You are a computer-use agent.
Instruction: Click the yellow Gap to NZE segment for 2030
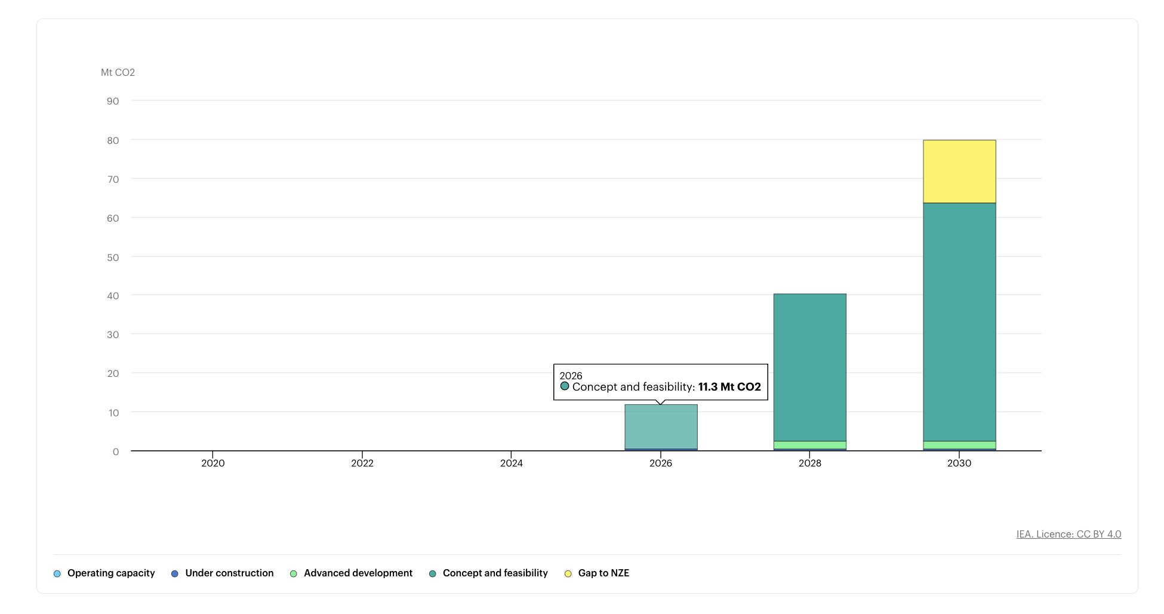[x=959, y=171]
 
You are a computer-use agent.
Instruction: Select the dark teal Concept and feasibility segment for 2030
[x=959, y=322]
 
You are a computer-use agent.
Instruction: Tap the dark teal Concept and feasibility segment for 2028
[x=809, y=367]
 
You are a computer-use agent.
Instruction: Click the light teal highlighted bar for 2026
[x=661, y=426]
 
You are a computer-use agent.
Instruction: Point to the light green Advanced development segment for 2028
[x=809, y=445]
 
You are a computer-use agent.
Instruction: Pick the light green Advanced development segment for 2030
[x=959, y=445]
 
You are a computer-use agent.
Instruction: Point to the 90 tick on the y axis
[x=113, y=102]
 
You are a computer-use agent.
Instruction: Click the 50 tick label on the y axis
[x=113, y=257]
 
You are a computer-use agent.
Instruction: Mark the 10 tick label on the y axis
[x=113, y=413]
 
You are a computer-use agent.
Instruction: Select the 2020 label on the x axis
[x=213, y=463]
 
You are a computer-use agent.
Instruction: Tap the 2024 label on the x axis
[x=512, y=463]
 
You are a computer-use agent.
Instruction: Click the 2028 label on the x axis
[x=810, y=463]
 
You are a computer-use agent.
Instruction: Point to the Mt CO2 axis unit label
[x=118, y=73]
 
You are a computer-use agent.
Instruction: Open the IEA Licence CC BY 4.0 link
[x=1068, y=535]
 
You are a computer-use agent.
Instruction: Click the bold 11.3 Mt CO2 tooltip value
[x=729, y=387]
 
